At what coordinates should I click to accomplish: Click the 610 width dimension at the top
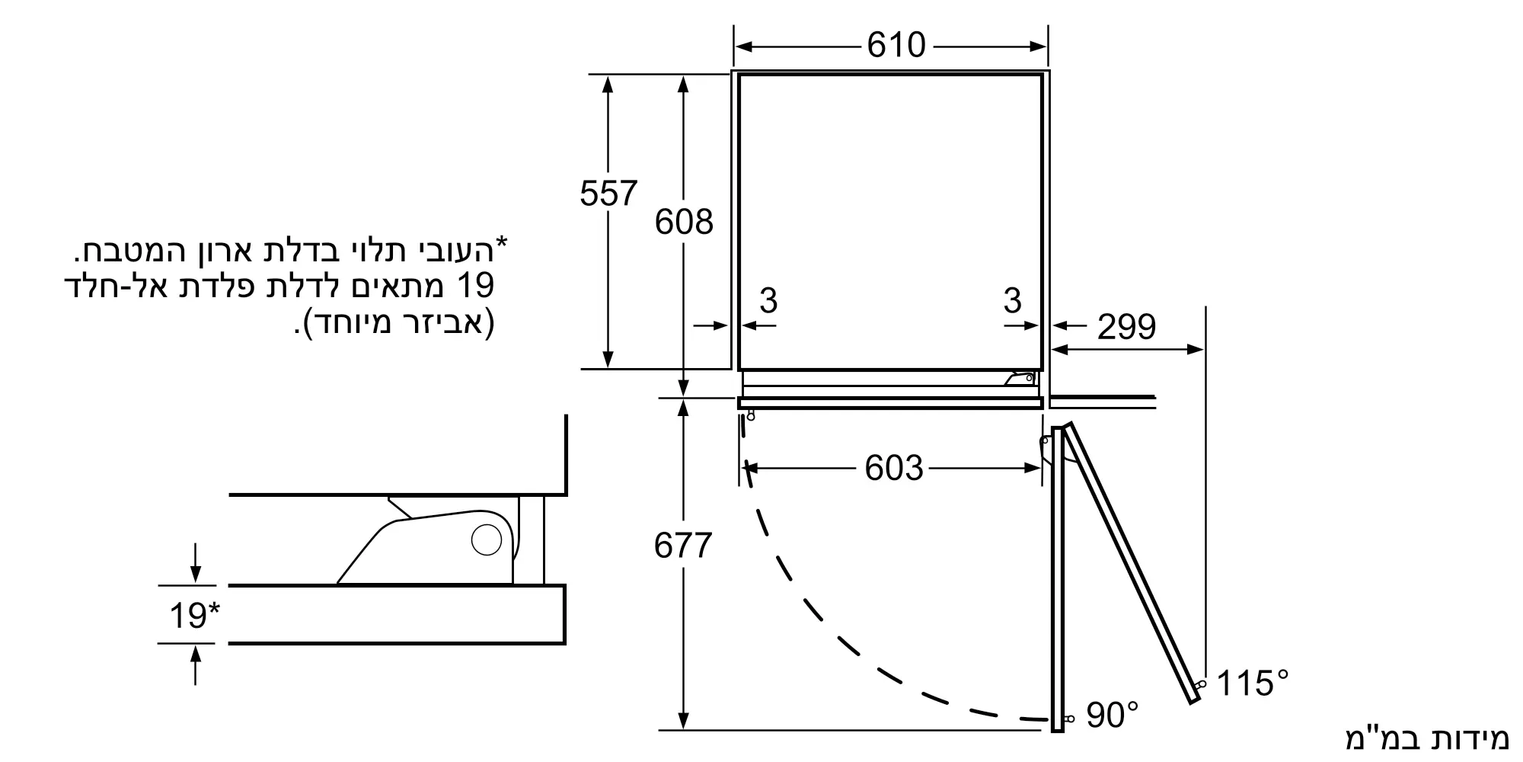point(896,46)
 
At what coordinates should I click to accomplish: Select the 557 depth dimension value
point(608,194)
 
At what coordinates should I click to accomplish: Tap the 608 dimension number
point(684,222)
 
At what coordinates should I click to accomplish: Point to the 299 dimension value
point(1126,327)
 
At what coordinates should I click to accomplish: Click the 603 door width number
point(893,468)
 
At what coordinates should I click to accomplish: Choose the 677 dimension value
point(682,546)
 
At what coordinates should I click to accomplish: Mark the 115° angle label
point(1253,683)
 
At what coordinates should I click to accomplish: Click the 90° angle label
point(1113,715)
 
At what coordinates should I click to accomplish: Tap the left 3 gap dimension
point(768,300)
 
